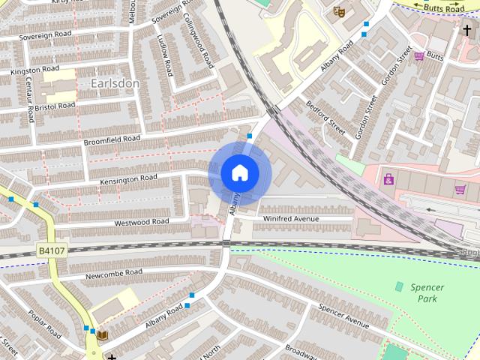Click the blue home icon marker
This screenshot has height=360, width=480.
coord(239,173)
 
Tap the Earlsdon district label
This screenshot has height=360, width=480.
coord(115,83)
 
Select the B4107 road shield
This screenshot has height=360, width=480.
coord(51,251)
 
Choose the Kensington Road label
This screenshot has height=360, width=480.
coord(128,178)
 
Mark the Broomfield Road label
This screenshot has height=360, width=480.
coord(112,139)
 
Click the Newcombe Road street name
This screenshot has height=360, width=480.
coord(113,272)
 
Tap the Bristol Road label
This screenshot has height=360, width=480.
coord(55,107)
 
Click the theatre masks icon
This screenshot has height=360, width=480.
coord(338,11)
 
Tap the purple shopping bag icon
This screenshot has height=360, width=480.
coord(388,178)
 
